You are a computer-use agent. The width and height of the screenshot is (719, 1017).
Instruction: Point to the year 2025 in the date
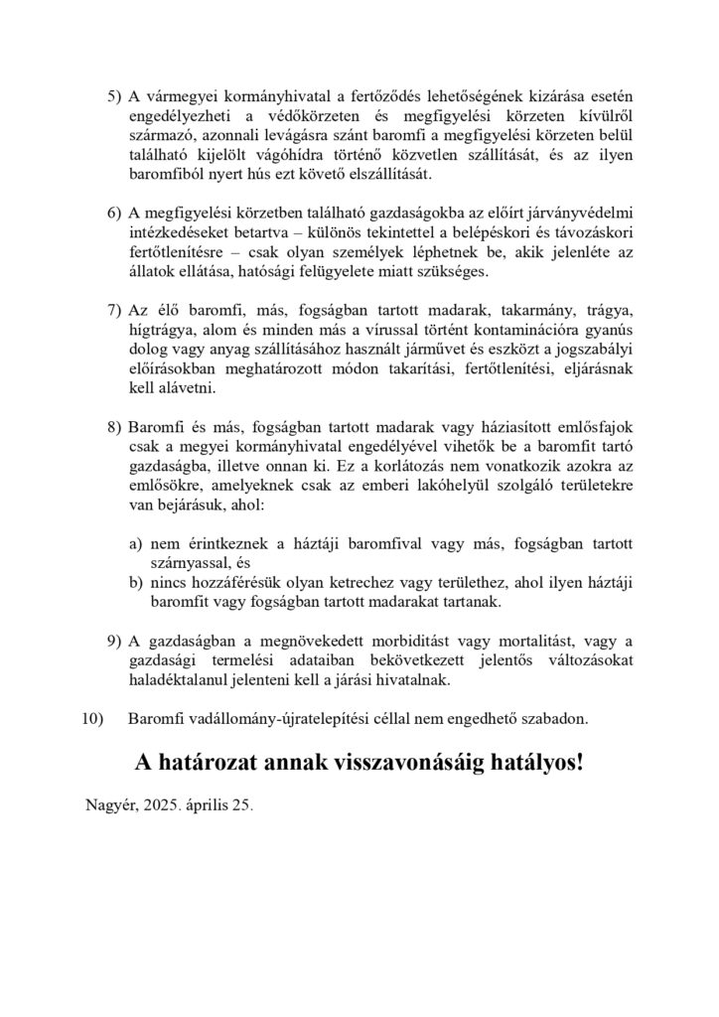click(160, 809)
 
